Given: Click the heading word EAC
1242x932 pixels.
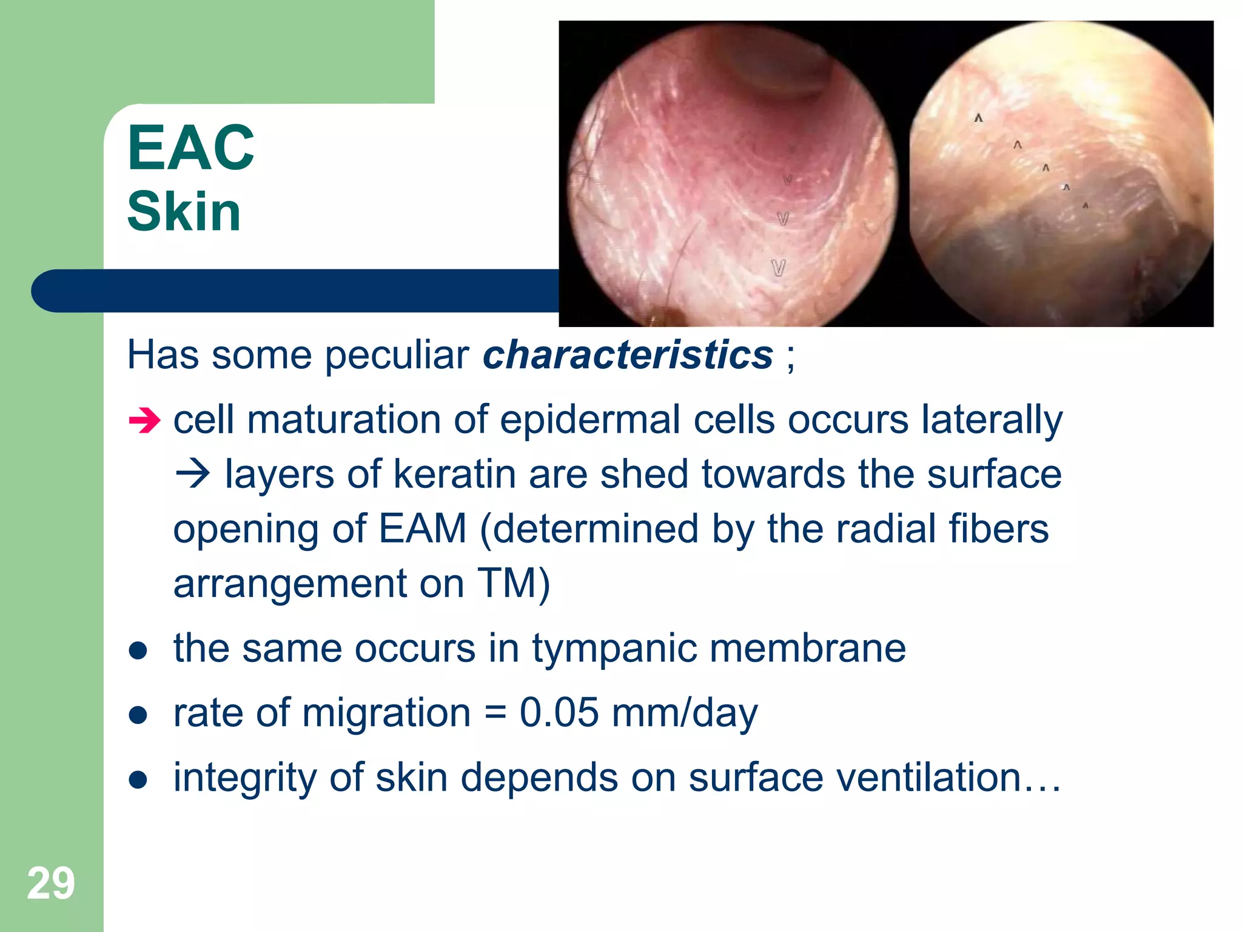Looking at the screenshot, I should coord(191,147).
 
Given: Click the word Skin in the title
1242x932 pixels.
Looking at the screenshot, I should coord(184,211).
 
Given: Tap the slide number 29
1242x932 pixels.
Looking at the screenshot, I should coord(51,883).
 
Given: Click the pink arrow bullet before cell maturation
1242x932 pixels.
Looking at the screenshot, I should coord(144,420).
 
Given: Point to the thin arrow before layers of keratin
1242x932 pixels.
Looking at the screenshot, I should coord(193,474).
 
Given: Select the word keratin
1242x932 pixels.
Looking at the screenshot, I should coord(454,474).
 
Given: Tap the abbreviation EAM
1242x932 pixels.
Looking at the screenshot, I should coord(423,528).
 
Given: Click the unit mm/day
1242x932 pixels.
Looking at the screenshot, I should coord(685,713).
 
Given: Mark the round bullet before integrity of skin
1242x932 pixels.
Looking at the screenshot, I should coord(138,779).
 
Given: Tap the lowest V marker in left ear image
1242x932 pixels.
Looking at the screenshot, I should coord(778,268).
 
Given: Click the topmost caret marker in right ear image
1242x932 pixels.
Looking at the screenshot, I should coord(978,118).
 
